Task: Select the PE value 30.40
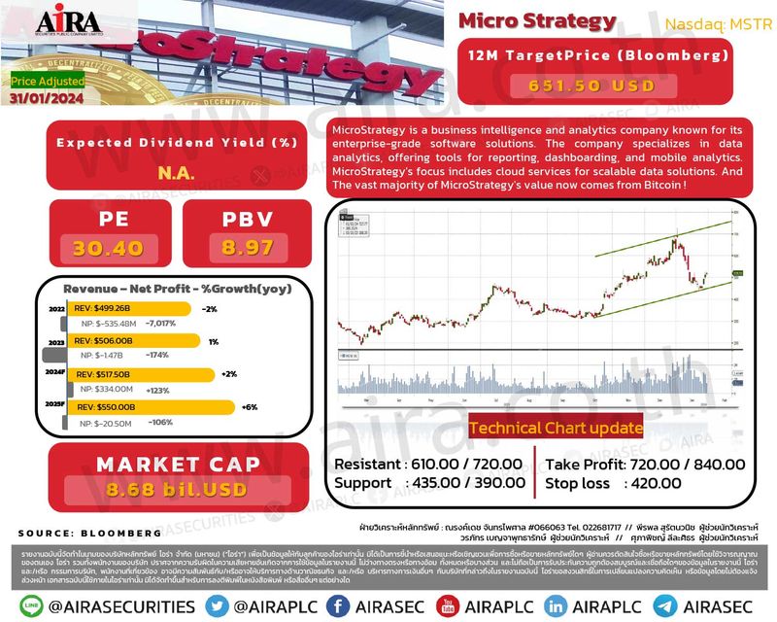pos(108,248)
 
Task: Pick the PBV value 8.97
pos(247,248)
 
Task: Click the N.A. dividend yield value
pos(176,174)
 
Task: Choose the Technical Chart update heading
pos(555,428)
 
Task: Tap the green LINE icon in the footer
pos(29,605)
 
